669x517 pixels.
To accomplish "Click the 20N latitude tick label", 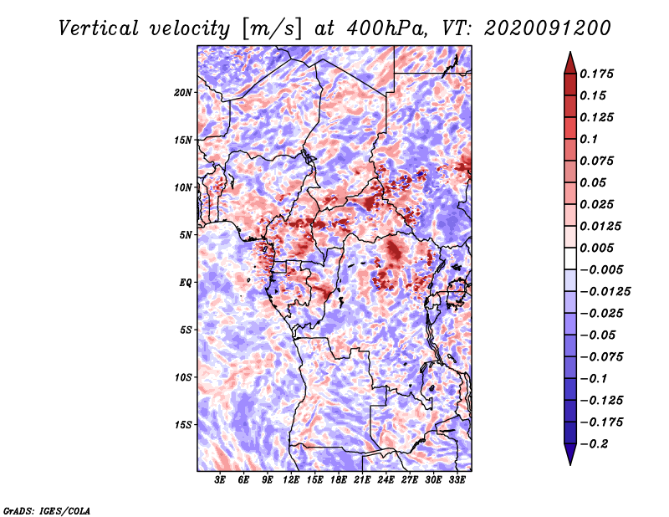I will tap(183, 92).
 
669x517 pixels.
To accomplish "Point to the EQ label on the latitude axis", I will tap(186, 283).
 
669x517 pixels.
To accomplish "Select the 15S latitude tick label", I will tap(183, 425).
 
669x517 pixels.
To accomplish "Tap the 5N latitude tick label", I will tap(186, 235).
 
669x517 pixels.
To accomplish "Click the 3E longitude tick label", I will tap(221, 481).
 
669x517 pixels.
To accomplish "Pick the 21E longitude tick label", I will tap(362, 481).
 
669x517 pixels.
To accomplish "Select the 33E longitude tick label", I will tap(457, 481).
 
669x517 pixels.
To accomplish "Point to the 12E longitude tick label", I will tap(291, 481).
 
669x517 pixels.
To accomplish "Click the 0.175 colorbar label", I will tap(597, 74).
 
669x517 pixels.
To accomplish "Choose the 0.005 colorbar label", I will tap(597, 248).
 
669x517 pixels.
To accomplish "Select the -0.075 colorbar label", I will tap(600, 357).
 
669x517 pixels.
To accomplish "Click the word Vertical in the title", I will tap(100, 28).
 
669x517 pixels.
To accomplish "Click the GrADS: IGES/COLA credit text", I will tap(47, 509).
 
